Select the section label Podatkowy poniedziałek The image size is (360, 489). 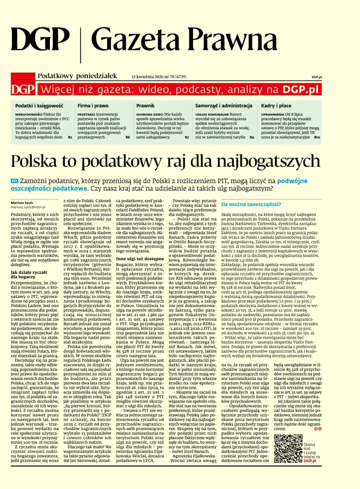point(77,75)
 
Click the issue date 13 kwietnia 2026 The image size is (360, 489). point(147,76)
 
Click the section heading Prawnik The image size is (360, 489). point(145,105)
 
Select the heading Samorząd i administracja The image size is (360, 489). point(224,105)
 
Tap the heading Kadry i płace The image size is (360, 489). point(276,105)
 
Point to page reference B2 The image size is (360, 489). point(70,137)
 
